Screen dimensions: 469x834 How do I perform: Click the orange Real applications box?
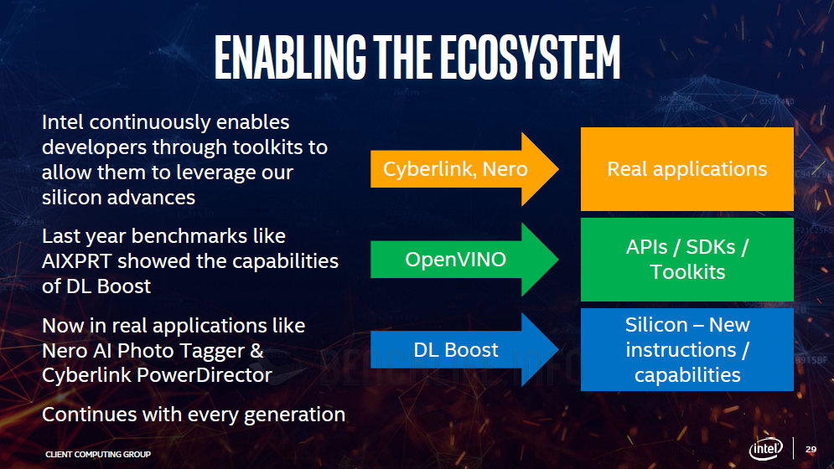686,169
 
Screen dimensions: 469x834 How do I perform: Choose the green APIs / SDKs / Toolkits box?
686,260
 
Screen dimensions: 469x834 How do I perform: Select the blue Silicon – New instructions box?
686,350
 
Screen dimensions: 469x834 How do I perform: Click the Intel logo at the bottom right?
764,449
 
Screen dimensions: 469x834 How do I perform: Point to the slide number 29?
811,450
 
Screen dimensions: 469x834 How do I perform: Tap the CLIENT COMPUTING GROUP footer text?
98,454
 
